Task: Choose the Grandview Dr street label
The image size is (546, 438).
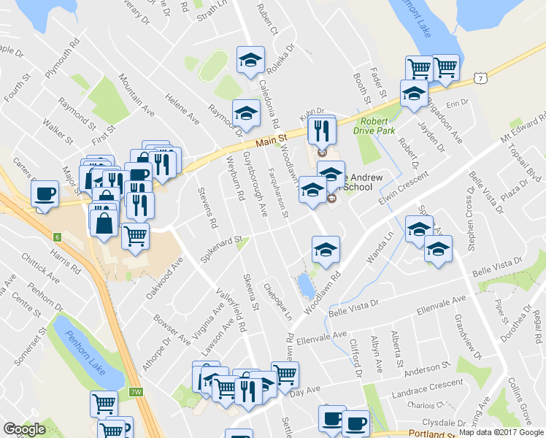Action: coord(465,336)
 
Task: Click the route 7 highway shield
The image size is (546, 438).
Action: coord(479,77)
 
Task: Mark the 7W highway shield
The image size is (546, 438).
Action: coord(136,392)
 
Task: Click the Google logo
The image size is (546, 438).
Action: coord(24,429)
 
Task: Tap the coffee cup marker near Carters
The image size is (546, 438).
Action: coord(45,193)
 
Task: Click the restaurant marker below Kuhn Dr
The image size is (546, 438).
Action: coord(320,130)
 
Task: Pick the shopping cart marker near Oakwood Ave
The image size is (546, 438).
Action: coord(135,236)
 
